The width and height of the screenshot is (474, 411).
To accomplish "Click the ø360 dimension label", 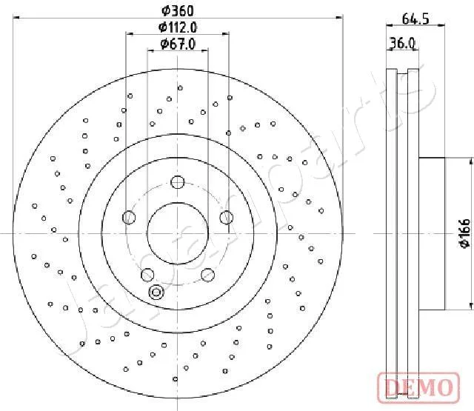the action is point(178,11).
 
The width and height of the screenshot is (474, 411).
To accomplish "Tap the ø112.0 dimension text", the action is point(178,27).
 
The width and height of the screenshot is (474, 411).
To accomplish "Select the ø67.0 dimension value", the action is point(178,44).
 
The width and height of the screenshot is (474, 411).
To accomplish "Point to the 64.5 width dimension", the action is point(415,19).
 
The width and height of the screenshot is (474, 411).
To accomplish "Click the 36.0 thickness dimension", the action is point(402,43).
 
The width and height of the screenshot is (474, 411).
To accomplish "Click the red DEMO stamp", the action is point(418,388).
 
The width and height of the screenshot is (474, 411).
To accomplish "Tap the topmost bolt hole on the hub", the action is point(178,182).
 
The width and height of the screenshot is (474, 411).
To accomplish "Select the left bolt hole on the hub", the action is point(129,218).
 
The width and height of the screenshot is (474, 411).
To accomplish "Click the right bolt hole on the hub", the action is point(227,218).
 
